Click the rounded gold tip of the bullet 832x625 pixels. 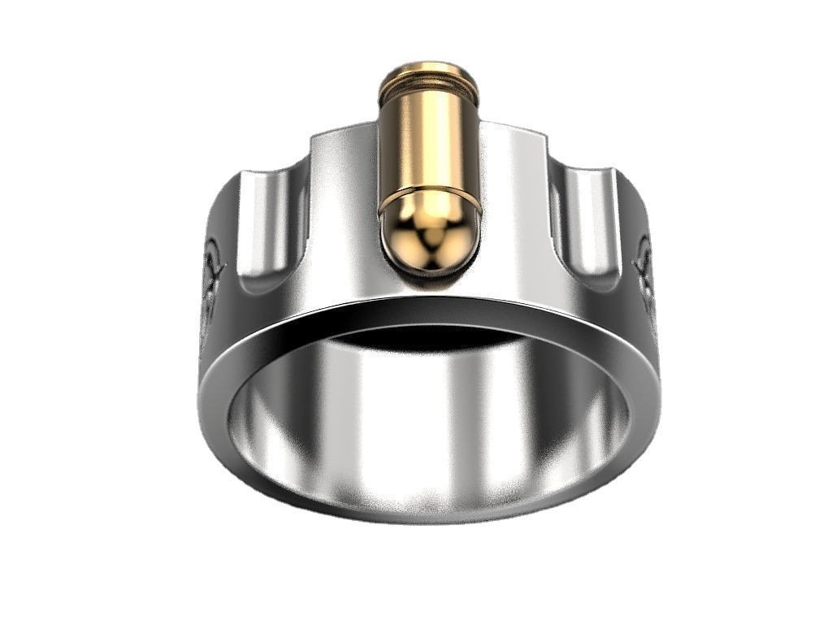tap(431, 236)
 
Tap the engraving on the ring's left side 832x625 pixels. tap(213, 276)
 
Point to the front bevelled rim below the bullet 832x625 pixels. tap(431, 313)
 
